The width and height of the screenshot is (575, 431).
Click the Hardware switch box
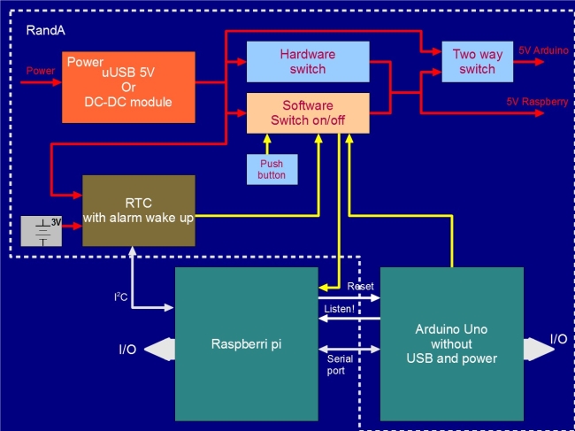pos(308,62)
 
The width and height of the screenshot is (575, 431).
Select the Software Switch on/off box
pos(308,113)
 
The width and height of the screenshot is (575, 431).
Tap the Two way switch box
pos(477,62)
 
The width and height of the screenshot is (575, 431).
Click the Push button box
pos(272,169)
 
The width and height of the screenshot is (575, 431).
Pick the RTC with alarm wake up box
pos(139,211)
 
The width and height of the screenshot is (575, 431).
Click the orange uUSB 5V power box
pos(128,88)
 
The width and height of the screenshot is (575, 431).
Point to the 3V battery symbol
pos(41,231)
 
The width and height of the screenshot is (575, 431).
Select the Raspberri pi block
pos(247,344)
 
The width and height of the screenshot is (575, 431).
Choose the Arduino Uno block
pos(452,344)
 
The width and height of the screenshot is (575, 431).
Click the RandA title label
pos(46,30)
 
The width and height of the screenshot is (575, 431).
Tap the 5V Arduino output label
pos(543,50)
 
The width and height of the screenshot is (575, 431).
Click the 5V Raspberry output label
pos(537,102)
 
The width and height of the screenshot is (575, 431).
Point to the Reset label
pos(360,286)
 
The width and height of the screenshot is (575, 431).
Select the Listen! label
pos(340,309)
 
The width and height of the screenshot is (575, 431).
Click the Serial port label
pos(340,365)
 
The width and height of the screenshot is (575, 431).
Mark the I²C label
pos(120,296)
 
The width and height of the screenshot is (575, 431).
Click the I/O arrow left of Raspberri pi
pos(159,350)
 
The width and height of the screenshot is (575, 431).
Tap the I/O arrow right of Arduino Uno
pos(539,350)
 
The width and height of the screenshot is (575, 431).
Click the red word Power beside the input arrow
pos(41,71)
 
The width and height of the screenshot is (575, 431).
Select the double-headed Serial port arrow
pos(349,350)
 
